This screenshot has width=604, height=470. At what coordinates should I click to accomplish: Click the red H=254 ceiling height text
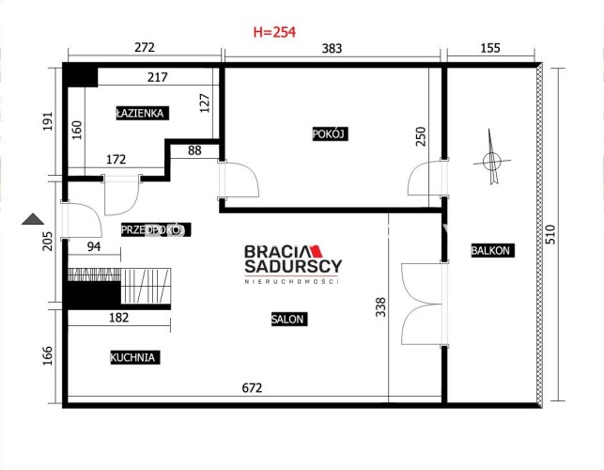(x=274, y=32)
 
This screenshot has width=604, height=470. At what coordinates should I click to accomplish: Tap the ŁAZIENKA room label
(x=142, y=114)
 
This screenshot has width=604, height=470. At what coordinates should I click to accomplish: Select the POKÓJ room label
(x=330, y=134)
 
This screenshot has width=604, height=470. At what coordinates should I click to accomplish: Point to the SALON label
(x=289, y=320)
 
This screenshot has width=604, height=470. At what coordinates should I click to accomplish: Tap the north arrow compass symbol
(x=492, y=158)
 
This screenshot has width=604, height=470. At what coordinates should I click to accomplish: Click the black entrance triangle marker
(x=33, y=219)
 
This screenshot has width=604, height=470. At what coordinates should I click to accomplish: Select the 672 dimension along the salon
(x=252, y=387)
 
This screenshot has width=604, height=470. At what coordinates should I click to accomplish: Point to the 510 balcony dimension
(x=550, y=234)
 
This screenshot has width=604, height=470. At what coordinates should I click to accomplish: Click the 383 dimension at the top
(x=332, y=48)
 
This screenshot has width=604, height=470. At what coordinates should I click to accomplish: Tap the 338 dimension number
(x=380, y=306)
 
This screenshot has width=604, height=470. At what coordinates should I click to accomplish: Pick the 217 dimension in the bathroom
(x=158, y=77)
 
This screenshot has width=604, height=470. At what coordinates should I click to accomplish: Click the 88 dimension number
(x=194, y=150)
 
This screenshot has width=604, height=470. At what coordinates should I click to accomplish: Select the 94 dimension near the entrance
(x=94, y=246)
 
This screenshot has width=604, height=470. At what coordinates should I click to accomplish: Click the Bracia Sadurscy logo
(x=293, y=264)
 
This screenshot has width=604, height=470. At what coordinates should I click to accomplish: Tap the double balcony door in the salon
(x=423, y=304)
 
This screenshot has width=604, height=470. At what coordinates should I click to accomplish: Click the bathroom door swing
(x=122, y=196)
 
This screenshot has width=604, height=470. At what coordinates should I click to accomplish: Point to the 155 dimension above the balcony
(x=490, y=48)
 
